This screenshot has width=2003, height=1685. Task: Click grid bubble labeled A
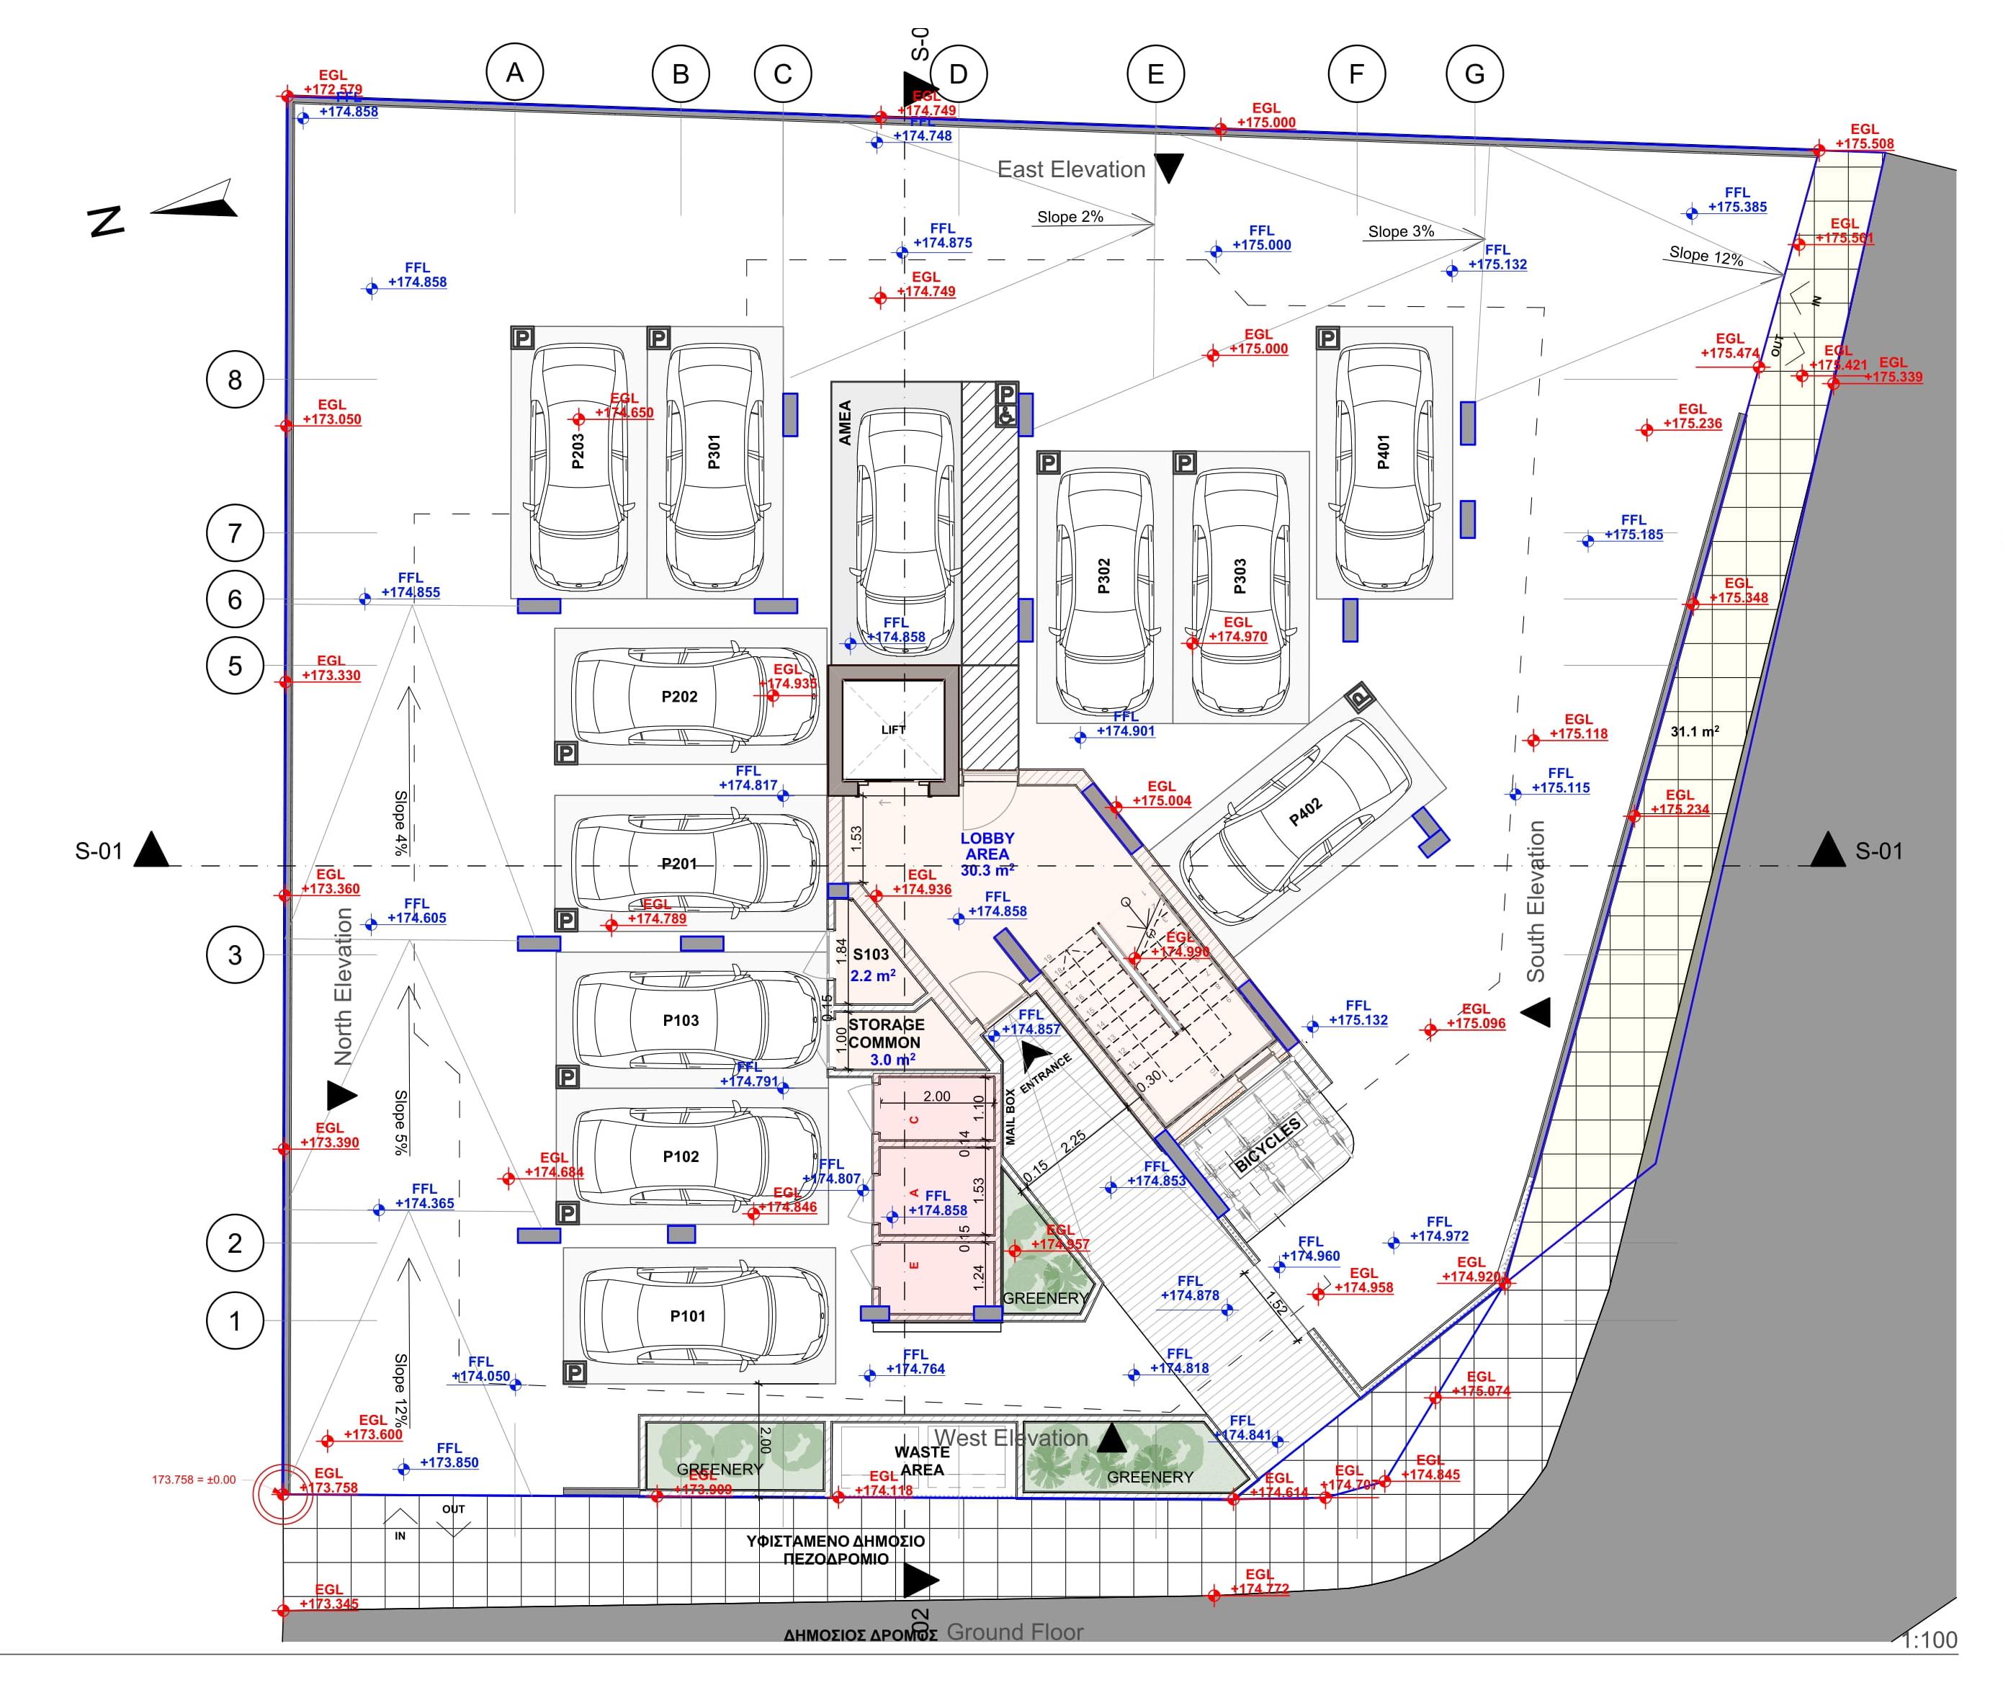coord(515,73)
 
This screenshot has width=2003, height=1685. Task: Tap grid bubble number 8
coord(235,380)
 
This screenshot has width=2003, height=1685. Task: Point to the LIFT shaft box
coord(893,730)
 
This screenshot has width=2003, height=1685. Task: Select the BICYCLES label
coord(1268,1145)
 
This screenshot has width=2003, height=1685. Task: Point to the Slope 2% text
coord(1070,217)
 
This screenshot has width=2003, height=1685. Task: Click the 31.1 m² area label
coord(1695,732)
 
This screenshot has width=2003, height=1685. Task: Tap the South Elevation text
coord(1535,900)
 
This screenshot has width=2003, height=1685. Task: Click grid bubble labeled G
coord(1474,73)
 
